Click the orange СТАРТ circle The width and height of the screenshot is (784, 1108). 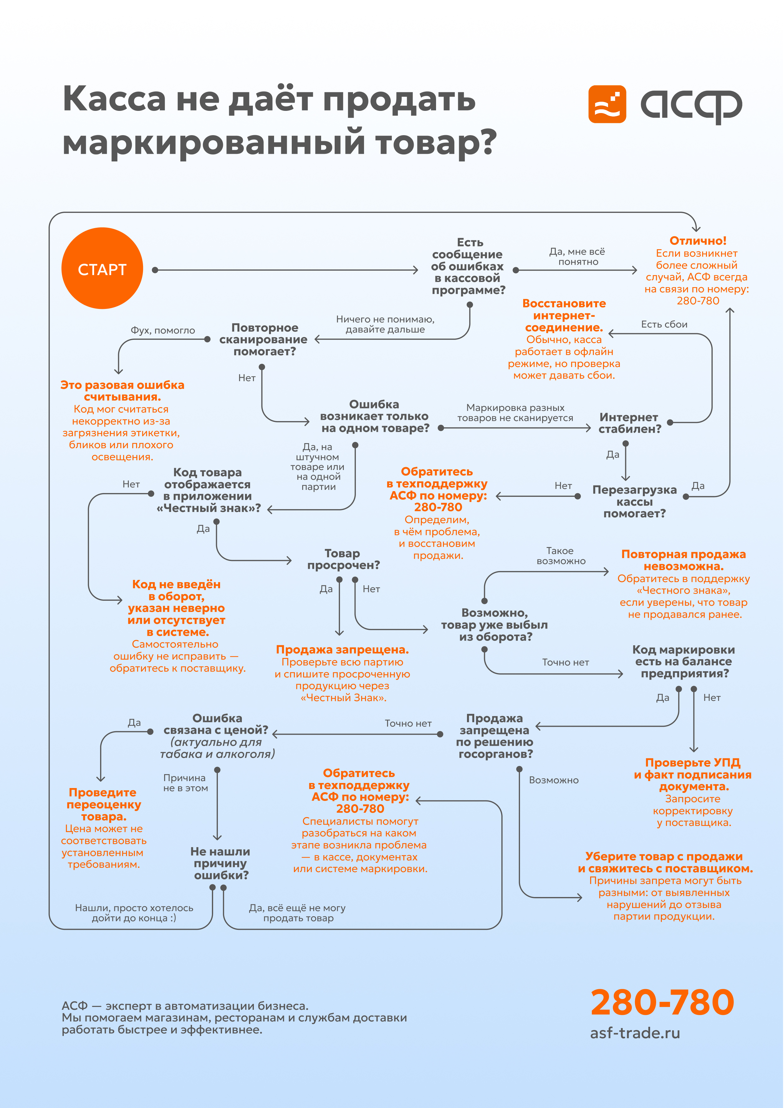point(102,268)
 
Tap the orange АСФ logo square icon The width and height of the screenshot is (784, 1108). point(607,104)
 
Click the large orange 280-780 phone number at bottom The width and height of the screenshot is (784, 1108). point(662,1002)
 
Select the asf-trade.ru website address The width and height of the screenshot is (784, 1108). point(635,1033)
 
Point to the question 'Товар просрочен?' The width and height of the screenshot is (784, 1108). point(343,559)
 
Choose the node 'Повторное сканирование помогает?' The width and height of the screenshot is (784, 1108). point(264,340)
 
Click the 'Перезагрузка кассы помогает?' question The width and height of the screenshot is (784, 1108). point(634,502)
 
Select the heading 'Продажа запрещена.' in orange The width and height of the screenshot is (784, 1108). point(342,650)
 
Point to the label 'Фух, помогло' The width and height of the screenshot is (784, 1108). point(163,330)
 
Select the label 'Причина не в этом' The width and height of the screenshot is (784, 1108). point(185,783)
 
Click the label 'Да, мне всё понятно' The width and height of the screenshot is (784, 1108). point(578,256)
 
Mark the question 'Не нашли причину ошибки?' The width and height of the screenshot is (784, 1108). point(221,863)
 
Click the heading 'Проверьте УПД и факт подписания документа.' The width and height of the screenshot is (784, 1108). point(693,774)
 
